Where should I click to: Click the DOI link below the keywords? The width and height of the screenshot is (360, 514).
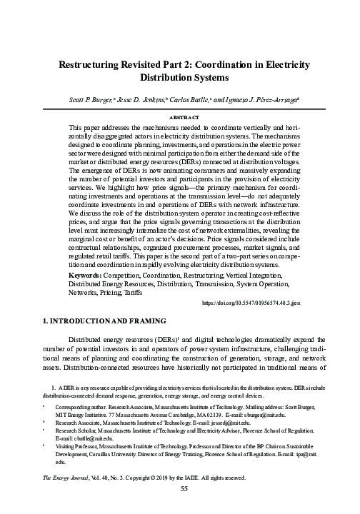(x=250, y=303)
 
